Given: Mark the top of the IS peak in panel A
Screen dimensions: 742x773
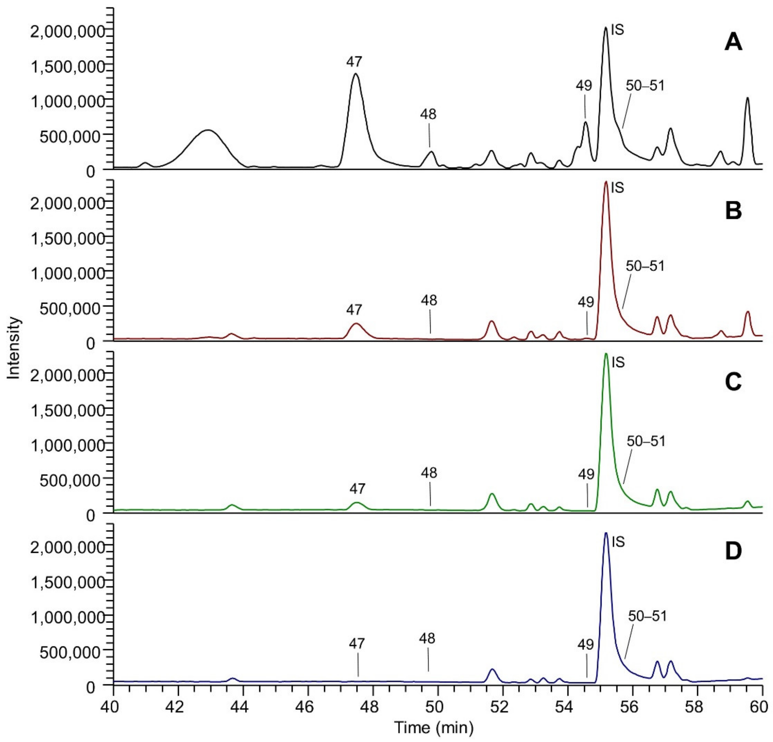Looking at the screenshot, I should [x=606, y=28].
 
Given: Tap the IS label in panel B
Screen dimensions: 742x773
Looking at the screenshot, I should [x=618, y=188].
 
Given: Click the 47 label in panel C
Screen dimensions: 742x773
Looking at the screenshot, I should [x=357, y=489].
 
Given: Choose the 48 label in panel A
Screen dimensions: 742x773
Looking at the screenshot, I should [x=428, y=114].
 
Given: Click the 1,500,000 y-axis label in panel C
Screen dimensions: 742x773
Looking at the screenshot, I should [x=67, y=410].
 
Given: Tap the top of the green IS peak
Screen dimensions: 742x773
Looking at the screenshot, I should [x=606, y=354].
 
